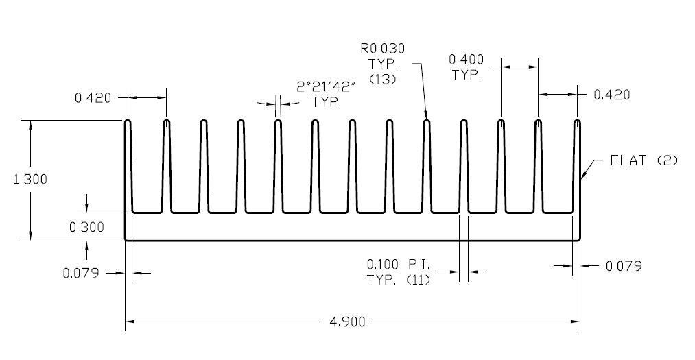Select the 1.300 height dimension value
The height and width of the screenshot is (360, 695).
pyautogui.click(x=31, y=180)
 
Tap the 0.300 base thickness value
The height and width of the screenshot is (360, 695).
pyautogui.click(x=87, y=228)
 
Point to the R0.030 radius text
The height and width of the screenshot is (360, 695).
pyautogui.click(x=382, y=49)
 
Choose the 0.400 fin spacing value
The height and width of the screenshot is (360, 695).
pyautogui.click(x=469, y=60)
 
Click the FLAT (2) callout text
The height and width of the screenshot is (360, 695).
pyautogui.click(x=644, y=160)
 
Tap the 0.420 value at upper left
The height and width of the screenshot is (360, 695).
pyautogui.click(x=93, y=97)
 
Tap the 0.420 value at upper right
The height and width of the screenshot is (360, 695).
pyautogui.click(x=611, y=95)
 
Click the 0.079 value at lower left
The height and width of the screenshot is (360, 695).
pyautogui.click(x=81, y=273)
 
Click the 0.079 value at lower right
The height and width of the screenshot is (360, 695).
pyautogui.click(x=624, y=266)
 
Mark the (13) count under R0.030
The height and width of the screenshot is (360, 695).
pyautogui.click(x=382, y=80)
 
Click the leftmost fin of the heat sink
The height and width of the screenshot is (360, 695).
pyautogui.click(x=128, y=165)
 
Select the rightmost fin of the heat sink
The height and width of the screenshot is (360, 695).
pyautogui.click(x=577, y=165)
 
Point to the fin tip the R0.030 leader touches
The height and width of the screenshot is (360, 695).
pyautogui.click(x=427, y=123)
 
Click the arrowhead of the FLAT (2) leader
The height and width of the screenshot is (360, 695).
pyautogui.click(x=582, y=178)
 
